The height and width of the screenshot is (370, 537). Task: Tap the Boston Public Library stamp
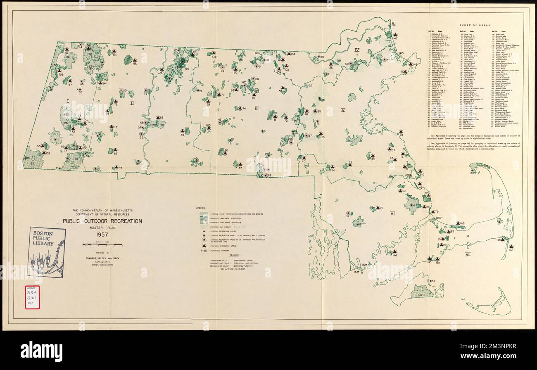pyautogui.click(x=46, y=251)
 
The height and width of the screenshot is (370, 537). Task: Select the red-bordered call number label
pyautogui.click(x=33, y=297)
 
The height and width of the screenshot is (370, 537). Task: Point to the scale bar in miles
pyautogui.click(x=102, y=245)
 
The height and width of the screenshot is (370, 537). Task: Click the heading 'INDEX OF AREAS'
pyautogui.click(x=472, y=25)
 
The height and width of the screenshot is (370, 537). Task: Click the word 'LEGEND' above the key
pyautogui.click(x=201, y=207)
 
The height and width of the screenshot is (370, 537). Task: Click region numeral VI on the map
pyautogui.click(x=392, y=213)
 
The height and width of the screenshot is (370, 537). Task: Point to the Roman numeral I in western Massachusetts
pyautogui.click(x=67, y=100)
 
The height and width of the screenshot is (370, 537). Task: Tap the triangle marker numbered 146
pyautogui.click(x=511, y=247)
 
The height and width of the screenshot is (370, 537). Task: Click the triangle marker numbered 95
pyautogui.click(x=134, y=59)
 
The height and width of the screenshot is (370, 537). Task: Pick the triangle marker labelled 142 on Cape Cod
pyautogui.click(x=458, y=223)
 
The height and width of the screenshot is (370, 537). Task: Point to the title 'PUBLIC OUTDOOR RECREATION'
pyautogui.click(x=102, y=221)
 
